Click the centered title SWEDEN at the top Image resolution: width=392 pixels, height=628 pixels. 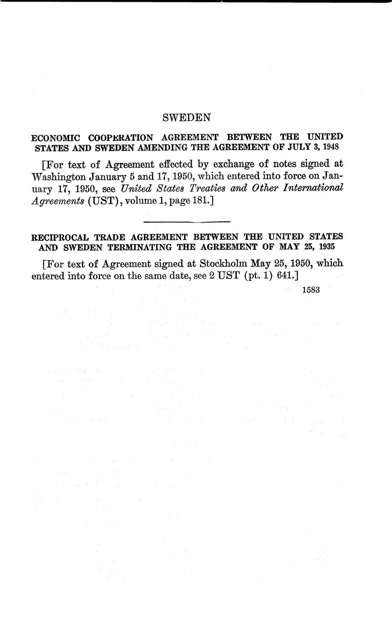187,117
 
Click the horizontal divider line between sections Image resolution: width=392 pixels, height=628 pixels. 187,222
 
